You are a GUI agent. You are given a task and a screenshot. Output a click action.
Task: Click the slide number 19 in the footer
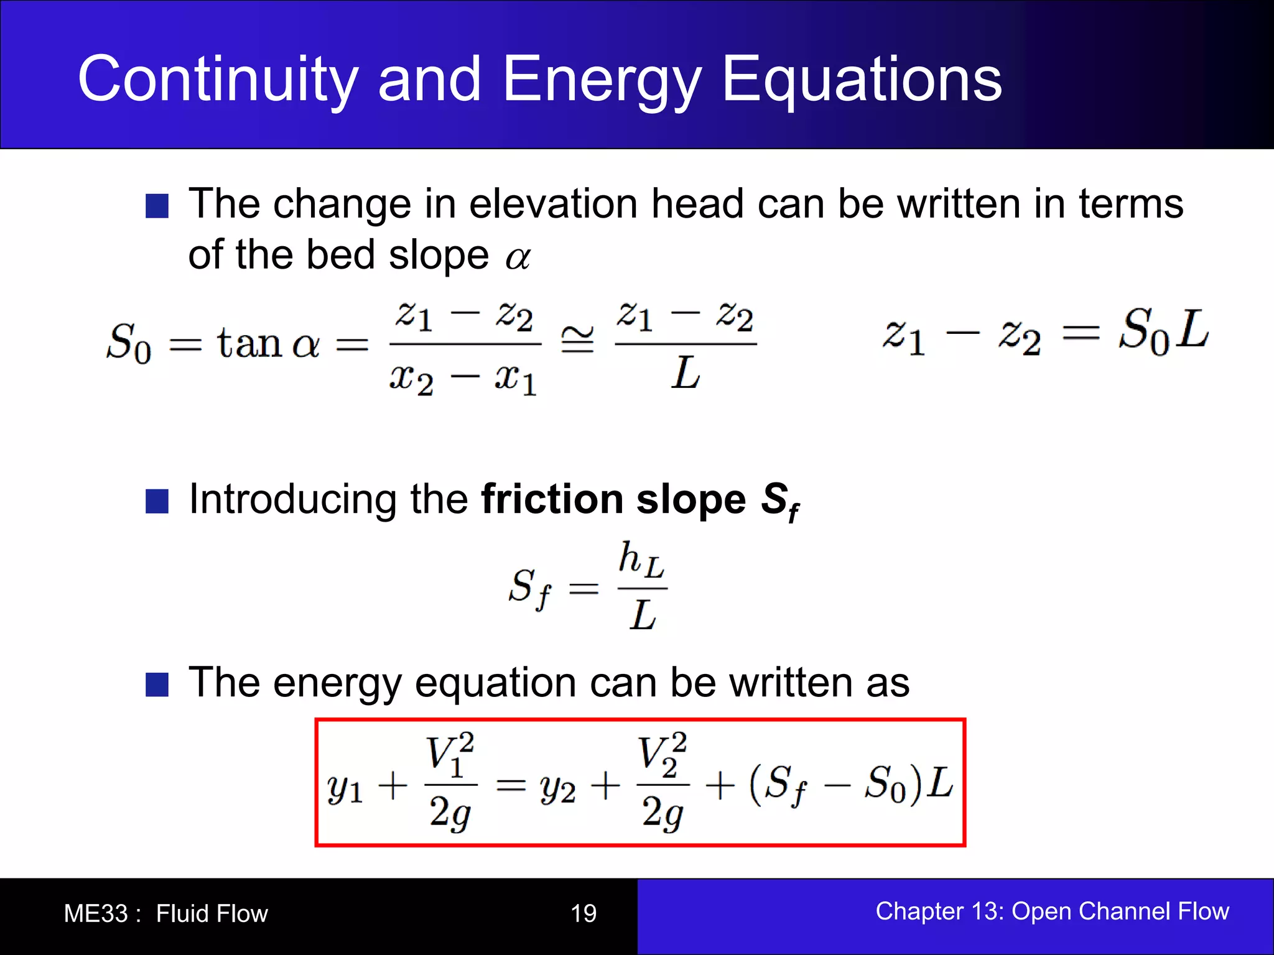click(x=584, y=913)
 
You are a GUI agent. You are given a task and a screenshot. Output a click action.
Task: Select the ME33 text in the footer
click(x=96, y=913)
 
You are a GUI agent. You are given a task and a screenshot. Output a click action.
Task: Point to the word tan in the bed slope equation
click(x=249, y=343)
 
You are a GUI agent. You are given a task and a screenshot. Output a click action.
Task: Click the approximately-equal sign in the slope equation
click(x=577, y=340)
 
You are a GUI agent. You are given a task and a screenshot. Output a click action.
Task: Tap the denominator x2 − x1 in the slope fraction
click(x=463, y=379)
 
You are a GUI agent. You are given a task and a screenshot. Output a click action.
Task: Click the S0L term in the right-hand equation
click(x=1163, y=331)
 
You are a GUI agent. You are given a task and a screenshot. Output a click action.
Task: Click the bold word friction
click(x=552, y=499)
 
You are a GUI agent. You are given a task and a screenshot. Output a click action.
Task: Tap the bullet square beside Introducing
click(x=157, y=501)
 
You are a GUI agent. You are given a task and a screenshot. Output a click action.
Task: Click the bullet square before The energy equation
click(x=157, y=685)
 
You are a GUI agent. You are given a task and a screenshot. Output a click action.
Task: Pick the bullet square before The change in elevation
click(x=157, y=206)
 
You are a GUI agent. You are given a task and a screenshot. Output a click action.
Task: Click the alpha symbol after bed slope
click(x=518, y=257)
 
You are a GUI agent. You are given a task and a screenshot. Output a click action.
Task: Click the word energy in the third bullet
click(x=338, y=684)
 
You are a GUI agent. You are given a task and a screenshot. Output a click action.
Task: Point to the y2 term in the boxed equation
click(x=558, y=788)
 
